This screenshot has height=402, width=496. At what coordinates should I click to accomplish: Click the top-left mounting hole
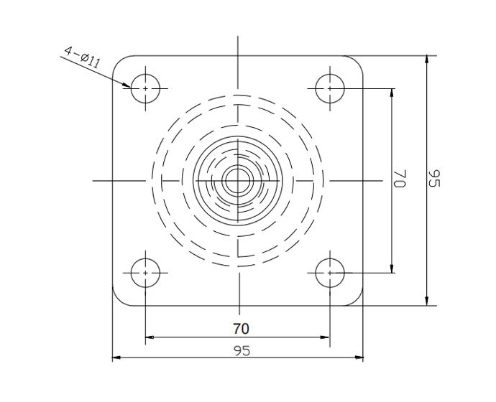coord(146,88)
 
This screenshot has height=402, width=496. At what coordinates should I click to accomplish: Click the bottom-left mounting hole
coord(146,273)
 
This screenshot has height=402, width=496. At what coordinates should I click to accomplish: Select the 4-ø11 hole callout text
coord(81,57)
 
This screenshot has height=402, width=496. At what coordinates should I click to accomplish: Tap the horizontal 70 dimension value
coord(241,329)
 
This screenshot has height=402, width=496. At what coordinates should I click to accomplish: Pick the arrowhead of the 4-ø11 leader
coord(127,84)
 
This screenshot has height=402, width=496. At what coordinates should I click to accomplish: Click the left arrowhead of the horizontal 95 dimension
coord(117,357)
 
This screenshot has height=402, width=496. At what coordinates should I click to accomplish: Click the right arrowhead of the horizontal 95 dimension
coord(359,357)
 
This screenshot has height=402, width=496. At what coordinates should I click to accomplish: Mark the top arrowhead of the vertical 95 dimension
coord(428,61)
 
